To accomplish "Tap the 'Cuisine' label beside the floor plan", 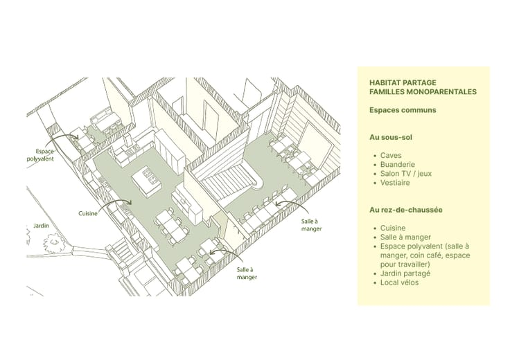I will pyautogui.click(x=88, y=213).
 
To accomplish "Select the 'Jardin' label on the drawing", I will pyautogui.click(x=41, y=226).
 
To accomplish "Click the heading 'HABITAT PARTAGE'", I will pyautogui.click(x=403, y=82).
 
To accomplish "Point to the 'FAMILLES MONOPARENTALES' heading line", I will pyautogui.click(x=423, y=91).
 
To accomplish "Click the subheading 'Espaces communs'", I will pyautogui.click(x=403, y=110).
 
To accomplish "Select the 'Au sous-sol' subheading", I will pyautogui.click(x=392, y=137).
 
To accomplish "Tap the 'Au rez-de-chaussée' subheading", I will pyautogui.click(x=406, y=209).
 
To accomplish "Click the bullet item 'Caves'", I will pyautogui.click(x=391, y=156).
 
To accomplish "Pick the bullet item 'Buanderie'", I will pyautogui.click(x=398, y=165).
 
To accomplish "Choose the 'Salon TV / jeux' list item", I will pyautogui.click(x=405, y=174).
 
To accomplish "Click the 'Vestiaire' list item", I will pyautogui.click(x=395, y=183).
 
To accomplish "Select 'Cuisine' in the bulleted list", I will pyautogui.click(x=393, y=228).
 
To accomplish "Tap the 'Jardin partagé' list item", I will pyautogui.click(x=405, y=273).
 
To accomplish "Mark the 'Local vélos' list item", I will pyautogui.click(x=399, y=282).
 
